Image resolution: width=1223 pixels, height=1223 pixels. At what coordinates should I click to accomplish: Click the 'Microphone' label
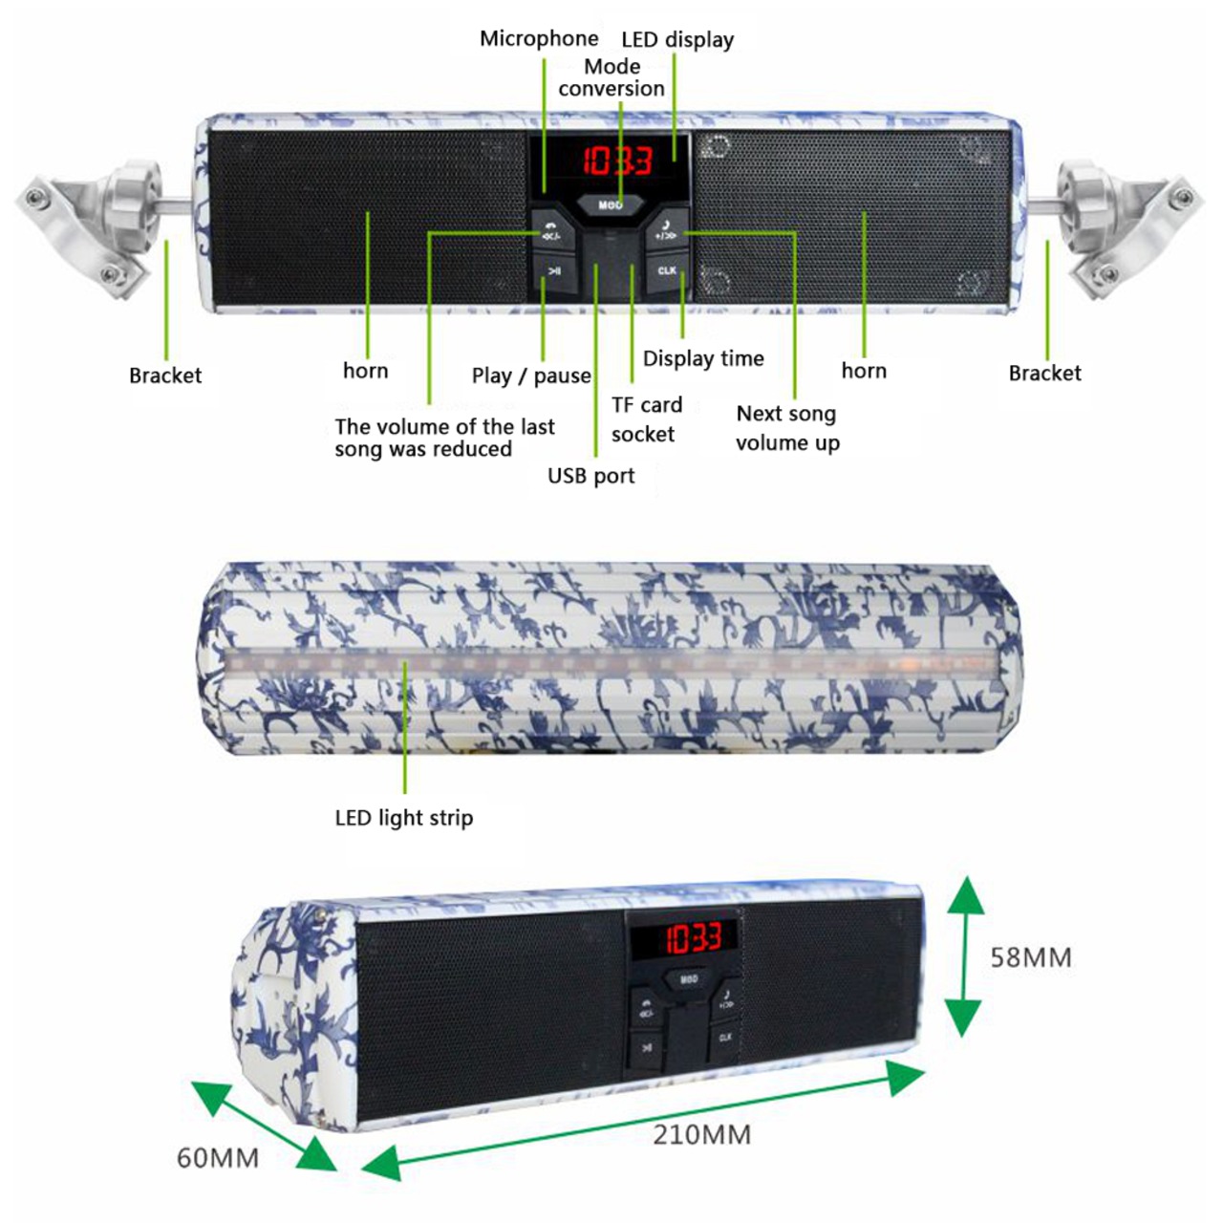click(x=539, y=39)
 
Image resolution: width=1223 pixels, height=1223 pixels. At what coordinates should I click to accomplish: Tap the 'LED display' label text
click(x=677, y=40)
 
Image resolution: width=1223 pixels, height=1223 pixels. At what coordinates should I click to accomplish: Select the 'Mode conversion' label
click(x=611, y=77)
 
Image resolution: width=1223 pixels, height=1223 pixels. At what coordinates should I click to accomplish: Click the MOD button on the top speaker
click(x=611, y=204)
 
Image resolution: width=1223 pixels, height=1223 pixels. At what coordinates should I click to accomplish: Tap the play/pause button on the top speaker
click(x=553, y=271)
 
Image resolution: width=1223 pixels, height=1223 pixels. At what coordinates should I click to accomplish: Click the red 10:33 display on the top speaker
click(x=617, y=161)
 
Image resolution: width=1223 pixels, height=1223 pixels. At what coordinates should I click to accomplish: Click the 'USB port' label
click(x=590, y=476)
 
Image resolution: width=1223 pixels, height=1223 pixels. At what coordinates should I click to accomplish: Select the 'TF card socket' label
click(x=646, y=419)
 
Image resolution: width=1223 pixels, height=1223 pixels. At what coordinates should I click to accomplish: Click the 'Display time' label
click(x=703, y=359)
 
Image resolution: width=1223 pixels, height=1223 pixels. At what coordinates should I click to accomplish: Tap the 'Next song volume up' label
click(x=787, y=428)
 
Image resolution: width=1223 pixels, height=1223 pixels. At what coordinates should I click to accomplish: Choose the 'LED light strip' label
click(x=404, y=818)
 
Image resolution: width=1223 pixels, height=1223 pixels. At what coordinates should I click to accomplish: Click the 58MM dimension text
click(x=1031, y=957)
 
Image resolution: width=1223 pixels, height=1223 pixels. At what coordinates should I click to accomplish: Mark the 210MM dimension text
click(x=702, y=1135)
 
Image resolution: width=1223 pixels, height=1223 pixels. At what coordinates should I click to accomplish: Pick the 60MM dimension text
click(x=218, y=1158)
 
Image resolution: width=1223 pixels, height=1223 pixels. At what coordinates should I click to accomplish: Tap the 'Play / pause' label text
click(x=531, y=375)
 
